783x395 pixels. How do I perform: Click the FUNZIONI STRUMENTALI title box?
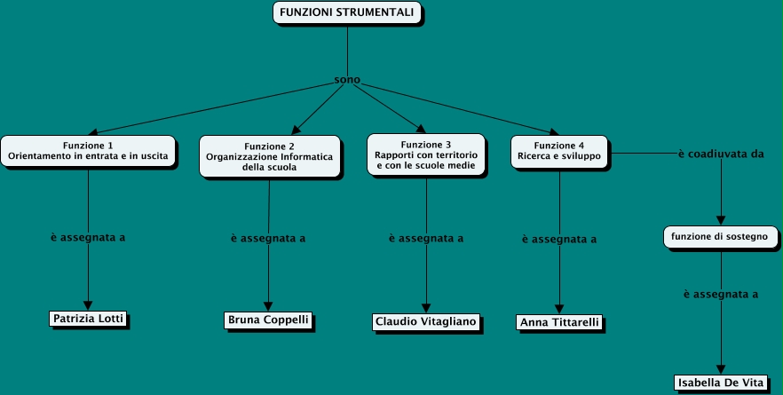tap(345, 12)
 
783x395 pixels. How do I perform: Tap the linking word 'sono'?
tap(347, 80)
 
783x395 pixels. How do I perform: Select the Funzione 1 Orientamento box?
tap(88, 151)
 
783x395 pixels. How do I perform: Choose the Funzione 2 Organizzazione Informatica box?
tap(269, 156)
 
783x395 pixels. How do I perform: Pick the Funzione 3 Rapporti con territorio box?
tap(426, 155)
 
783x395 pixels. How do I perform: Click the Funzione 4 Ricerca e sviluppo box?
tap(559, 151)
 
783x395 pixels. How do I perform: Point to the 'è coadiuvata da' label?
tap(720, 154)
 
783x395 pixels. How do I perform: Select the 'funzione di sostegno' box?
tap(720, 237)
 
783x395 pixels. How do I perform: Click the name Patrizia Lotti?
tap(88, 318)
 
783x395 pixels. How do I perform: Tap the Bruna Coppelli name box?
tap(268, 319)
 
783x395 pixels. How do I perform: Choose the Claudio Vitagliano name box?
tap(425, 321)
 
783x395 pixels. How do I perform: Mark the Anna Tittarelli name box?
tap(559, 322)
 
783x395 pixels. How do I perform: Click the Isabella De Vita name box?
tap(720, 383)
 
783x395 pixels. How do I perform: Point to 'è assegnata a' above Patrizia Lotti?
tap(88, 237)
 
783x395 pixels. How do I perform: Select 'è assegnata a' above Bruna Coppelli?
tap(268, 238)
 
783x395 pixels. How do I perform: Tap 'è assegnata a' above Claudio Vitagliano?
tap(426, 238)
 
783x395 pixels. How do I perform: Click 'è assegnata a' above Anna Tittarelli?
tap(559, 239)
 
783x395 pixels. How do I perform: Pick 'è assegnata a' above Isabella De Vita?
tap(720, 293)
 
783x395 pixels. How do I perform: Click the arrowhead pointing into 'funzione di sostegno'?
tap(720, 222)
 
